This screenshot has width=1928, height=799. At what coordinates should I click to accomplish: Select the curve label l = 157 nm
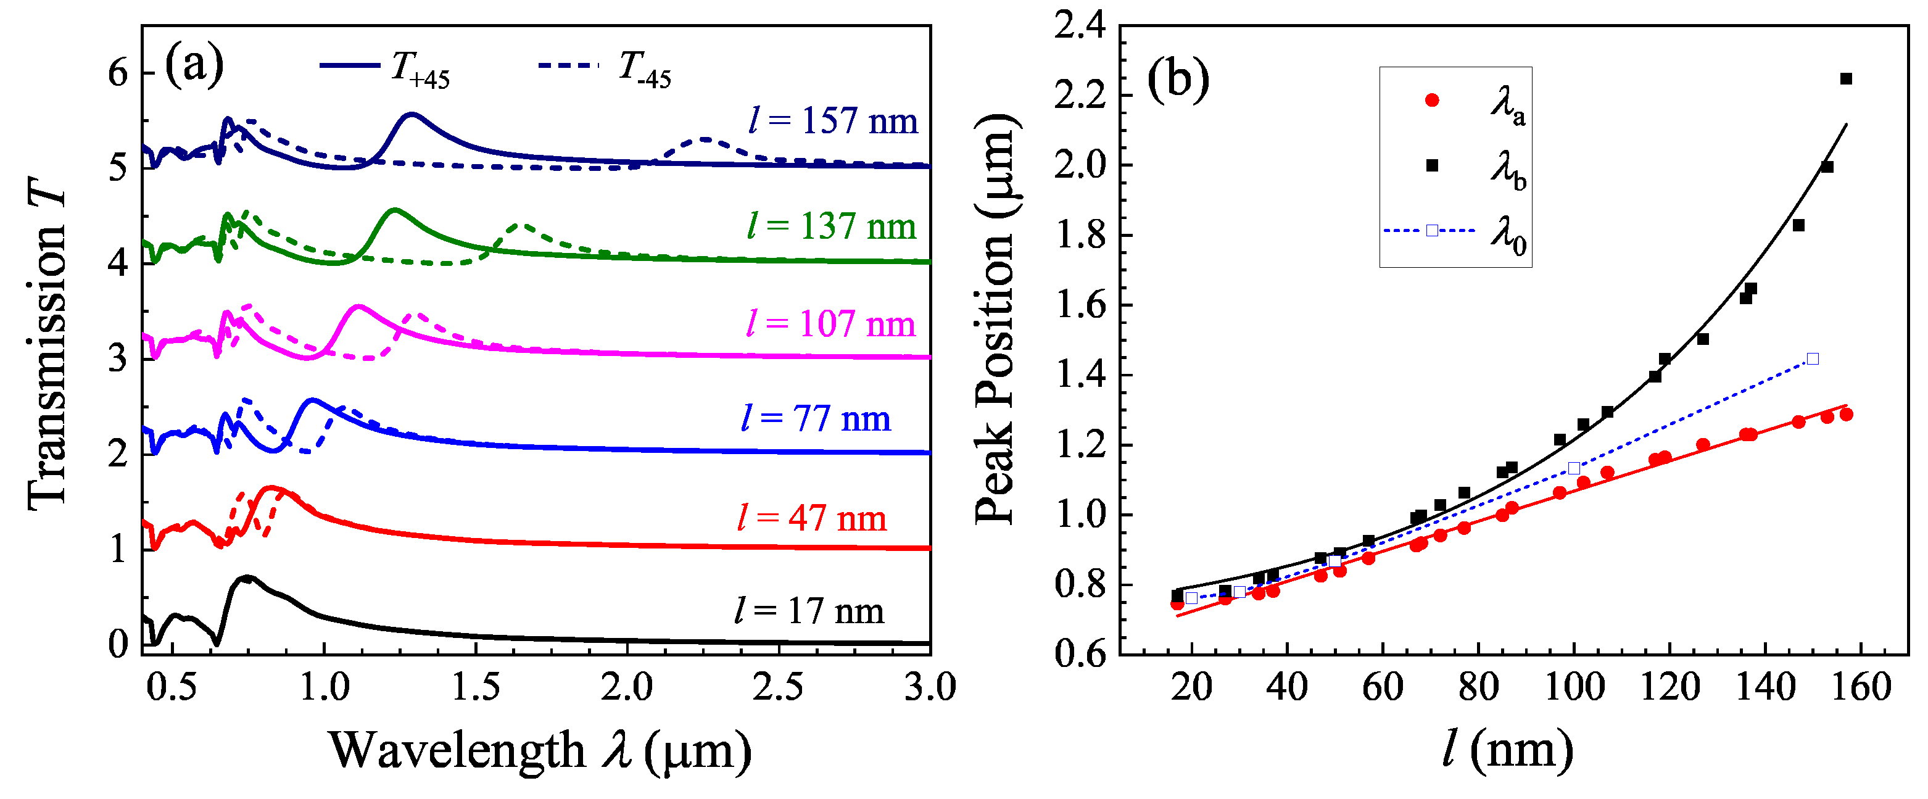833,120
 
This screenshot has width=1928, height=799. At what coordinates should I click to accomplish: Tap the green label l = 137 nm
832,226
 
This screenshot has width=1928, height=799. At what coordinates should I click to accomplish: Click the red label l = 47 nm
812,518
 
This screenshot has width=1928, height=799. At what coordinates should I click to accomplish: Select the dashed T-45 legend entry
605,67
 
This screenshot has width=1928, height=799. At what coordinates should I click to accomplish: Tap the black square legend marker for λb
1432,165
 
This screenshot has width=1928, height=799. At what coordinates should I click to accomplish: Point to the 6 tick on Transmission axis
118,73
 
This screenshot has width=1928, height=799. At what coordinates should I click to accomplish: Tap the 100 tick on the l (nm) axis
1574,687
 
